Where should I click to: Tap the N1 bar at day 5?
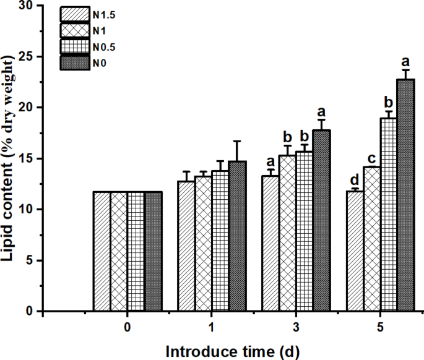pos(372,239)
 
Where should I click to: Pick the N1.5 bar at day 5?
pos(355,251)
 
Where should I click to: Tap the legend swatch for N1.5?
pos(75,14)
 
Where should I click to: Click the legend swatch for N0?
pos(75,62)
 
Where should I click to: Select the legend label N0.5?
pos(103,46)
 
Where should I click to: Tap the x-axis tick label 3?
pos(296,327)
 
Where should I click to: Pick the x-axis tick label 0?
pos(128,327)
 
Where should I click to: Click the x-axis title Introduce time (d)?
pos(233,351)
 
